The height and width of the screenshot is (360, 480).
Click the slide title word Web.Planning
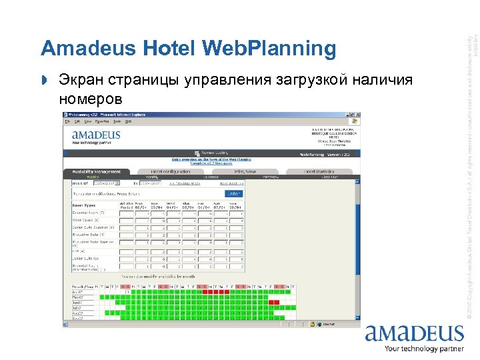pyautogui.click(x=267, y=48)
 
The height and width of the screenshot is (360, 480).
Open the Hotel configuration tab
pyautogui.click(x=171, y=171)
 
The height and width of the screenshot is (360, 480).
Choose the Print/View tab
pyautogui.click(x=243, y=171)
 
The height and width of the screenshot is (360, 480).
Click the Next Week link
pyautogui.click(x=233, y=183)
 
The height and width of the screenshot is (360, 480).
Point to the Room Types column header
pyautogui.click(x=83, y=205)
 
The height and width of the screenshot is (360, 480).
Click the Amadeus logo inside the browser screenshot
pyautogui.click(x=96, y=136)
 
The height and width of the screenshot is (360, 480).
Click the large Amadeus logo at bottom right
pyautogui.click(x=413, y=333)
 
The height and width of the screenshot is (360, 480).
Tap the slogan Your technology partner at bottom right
pyautogui.click(x=423, y=349)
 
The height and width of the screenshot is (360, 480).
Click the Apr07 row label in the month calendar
pyautogui.click(x=77, y=291)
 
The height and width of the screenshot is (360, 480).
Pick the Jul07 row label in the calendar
pyautogui.click(x=77, y=308)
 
